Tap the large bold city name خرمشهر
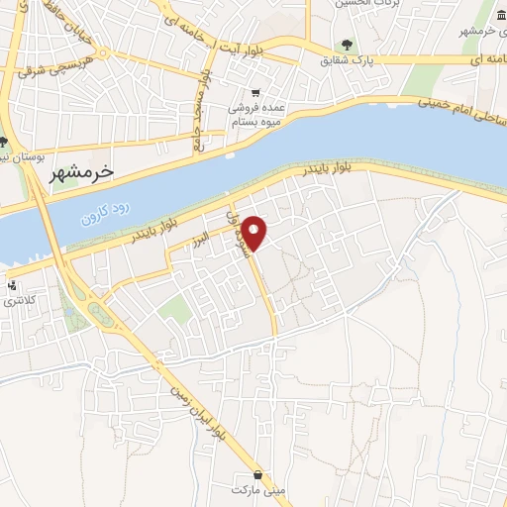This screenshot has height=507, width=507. click(82, 170)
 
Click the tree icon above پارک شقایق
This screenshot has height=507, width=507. click(346, 44)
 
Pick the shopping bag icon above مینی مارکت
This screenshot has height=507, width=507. click(258, 473)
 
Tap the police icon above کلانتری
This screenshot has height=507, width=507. click(11, 285)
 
